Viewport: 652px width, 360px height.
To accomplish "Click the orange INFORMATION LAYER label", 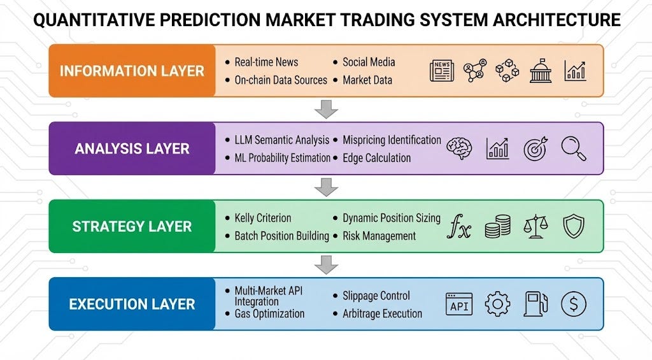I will coord(132,71).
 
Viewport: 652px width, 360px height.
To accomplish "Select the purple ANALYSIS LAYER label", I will coord(132,148).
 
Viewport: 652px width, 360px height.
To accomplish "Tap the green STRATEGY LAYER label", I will coord(132,226).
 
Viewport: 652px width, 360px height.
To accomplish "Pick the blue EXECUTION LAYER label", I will coord(132,304).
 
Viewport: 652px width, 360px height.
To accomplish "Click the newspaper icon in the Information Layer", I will coord(442,70).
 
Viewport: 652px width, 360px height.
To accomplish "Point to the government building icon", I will coord(541,70).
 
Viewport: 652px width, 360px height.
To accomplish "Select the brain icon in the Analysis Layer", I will coord(459,148).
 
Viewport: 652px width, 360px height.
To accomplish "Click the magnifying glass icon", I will coord(572,148).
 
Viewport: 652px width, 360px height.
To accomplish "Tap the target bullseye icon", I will coord(535,148).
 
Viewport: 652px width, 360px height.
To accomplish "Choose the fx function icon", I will coord(458,227).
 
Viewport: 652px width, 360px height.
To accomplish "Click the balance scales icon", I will coord(535,227).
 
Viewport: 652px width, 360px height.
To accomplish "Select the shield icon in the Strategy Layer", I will coord(573,226).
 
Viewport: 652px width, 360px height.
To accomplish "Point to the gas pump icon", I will coord(535,304).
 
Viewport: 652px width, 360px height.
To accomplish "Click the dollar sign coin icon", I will coord(573,304).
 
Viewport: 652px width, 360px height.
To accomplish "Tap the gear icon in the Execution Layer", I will coord(497,304).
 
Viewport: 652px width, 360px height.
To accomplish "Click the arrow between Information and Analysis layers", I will coord(326,109).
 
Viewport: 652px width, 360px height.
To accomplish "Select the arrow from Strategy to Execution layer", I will coord(326,264).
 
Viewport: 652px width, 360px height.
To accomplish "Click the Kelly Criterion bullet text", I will coord(262,218).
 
